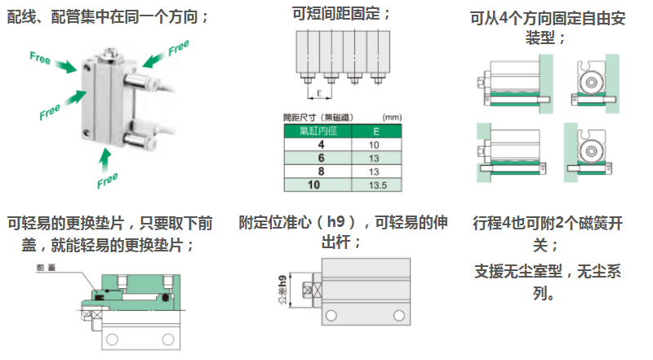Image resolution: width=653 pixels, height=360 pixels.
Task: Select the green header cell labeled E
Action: [375, 131]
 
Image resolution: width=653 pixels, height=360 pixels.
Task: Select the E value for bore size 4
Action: [375, 144]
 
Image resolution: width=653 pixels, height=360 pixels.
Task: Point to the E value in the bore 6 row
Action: [375, 158]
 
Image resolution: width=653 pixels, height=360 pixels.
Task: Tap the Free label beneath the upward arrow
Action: [107, 179]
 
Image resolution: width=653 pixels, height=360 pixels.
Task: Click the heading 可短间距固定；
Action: [341, 14]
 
